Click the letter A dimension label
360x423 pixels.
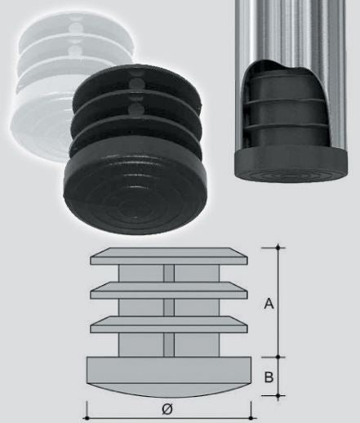click(x=269, y=303)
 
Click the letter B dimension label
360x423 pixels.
click(x=269, y=377)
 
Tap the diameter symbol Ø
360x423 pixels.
click(x=167, y=409)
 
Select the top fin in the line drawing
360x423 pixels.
click(x=169, y=256)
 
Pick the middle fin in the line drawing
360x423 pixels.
click(x=169, y=291)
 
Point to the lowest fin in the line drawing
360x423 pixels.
click(x=169, y=324)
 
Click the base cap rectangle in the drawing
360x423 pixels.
click(x=169, y=370)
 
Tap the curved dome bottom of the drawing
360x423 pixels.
click(x=169, y=390)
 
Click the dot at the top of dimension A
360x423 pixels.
click(x=278, y=248)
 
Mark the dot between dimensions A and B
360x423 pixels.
click(x=278, y=357)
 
